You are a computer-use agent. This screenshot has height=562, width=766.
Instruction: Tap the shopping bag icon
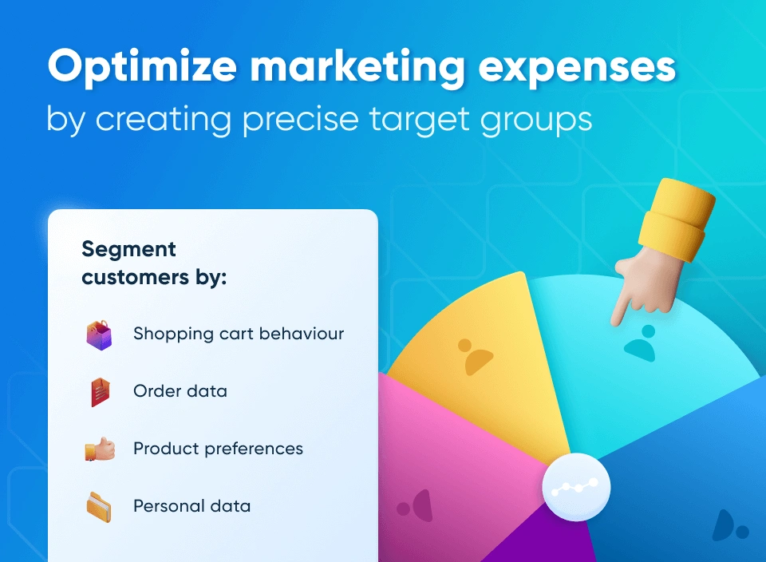tap(100, 334)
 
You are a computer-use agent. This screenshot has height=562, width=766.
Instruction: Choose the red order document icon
tap(100, 392)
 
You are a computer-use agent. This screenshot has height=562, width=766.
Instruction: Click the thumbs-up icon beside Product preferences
tap(100, 449)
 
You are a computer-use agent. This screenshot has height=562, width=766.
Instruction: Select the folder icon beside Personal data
tap(100, 506)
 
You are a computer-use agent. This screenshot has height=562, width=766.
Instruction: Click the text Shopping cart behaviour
tap(239, 334)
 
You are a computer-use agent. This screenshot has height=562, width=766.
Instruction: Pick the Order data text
tap(180, 391)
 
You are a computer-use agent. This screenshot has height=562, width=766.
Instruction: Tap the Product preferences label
tap(218, 449)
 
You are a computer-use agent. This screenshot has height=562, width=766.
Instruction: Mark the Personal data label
tap(191, 506)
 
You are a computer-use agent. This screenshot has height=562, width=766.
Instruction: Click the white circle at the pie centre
tap(576, 487)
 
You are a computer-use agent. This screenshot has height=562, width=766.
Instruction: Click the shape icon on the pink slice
tap(416, 505)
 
